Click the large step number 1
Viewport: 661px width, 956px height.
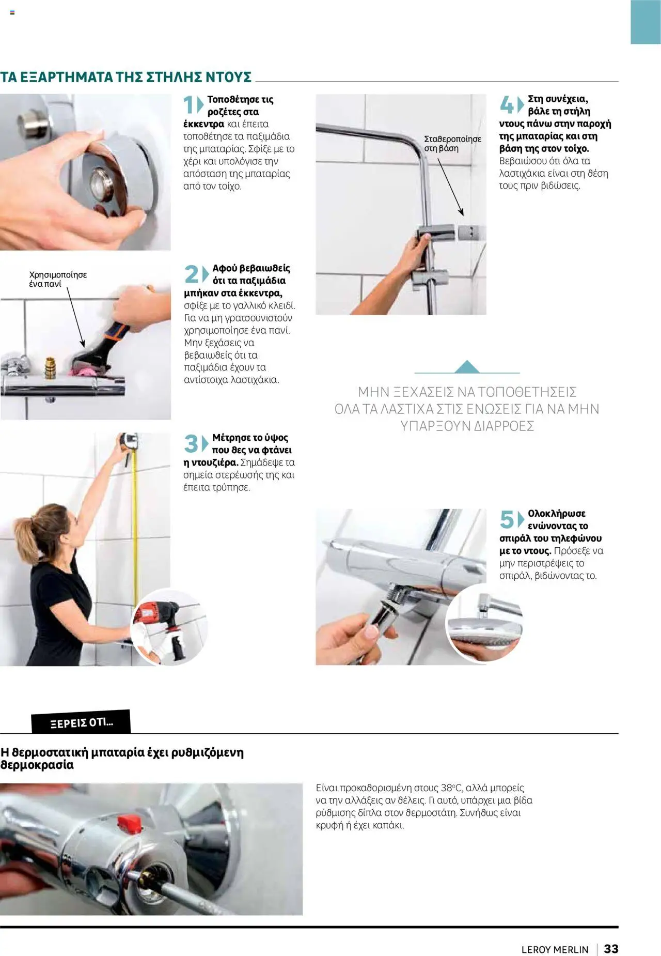(x=189, y=105)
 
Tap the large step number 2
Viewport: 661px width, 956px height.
(x=191, y=274)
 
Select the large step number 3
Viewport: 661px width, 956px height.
(x=191, y=443)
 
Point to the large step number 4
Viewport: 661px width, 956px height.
(x=506, y=105)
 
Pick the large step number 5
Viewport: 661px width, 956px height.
(x=507, y=519)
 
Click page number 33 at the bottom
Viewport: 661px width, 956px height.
(x=611, y=949)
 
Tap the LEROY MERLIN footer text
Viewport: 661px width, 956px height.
(x=555, y=950)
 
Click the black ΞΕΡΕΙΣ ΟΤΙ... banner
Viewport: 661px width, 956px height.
(x=81, y=722)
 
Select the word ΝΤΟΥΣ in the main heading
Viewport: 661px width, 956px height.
(x=229, y=77)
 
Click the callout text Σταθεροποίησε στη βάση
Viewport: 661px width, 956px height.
(x=452, y=144)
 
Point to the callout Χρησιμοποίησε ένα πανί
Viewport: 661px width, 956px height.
(x=58, y=279)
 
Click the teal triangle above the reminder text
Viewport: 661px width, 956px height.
(x=467, y=366)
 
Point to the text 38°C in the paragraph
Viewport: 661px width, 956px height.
(x=455, y=788)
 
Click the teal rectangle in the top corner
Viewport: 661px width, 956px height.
(x=646, y=22)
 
